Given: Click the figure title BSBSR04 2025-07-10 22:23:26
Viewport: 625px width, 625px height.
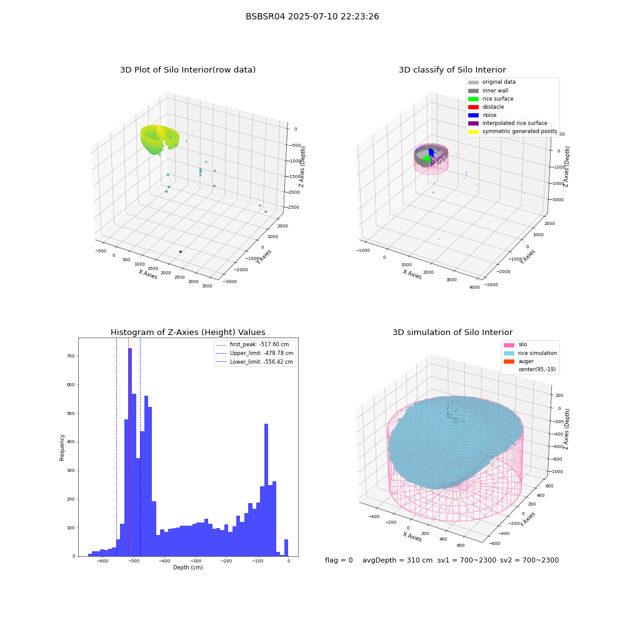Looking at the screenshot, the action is [x=312, y=16].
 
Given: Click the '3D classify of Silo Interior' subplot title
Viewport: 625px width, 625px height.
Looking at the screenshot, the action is [x=452, y=70].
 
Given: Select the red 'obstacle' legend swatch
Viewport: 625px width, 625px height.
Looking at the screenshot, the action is [x=473, y=107].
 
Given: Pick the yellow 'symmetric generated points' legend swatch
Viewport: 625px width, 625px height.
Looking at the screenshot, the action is [x=473, y=131].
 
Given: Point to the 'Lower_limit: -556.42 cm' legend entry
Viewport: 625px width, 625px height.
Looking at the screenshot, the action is [x=254, y=362].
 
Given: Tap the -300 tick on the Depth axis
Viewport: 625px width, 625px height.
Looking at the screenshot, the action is [x=195, y=561].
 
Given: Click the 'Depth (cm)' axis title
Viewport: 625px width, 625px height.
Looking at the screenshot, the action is [x=187, y=567].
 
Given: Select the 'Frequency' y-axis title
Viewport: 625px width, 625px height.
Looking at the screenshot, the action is [x=62, y=447].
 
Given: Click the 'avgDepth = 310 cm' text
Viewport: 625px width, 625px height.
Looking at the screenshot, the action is [x=397, y=560].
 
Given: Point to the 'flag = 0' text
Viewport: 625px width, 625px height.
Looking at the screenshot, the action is [x=339, y=560].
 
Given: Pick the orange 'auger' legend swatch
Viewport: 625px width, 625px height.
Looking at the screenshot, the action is [x=509, y=361].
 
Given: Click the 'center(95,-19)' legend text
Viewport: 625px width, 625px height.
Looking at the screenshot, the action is [x=537, y=369].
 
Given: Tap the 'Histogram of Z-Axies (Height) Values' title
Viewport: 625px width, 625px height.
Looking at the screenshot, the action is [x=187, y=332].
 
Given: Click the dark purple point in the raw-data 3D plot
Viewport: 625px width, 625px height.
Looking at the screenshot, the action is [x=181, y=251].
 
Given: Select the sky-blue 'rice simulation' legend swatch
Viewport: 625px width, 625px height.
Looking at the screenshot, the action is [x=509, y=353].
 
